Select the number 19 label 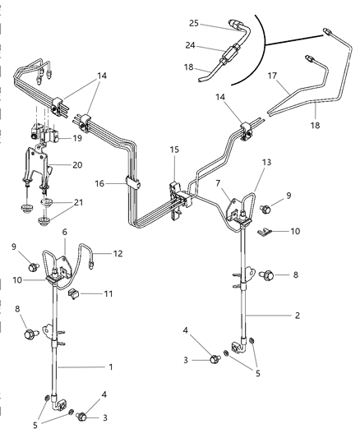click(x=76, y=139)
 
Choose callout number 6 click(x=65, y=232)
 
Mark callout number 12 click(x=118, y=253)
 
